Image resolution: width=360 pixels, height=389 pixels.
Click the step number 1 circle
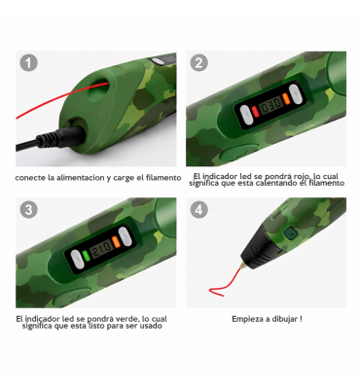pos(29,63)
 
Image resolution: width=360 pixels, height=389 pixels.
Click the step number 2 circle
pos(198,63)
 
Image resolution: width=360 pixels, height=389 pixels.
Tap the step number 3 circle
pos(29,209)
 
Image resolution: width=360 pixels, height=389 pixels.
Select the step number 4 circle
pos(198,209)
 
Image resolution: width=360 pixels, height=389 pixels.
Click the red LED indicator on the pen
pos(255,112)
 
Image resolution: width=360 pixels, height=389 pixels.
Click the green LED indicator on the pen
pos(86,256)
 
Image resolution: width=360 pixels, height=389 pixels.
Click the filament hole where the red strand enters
pos(100,85)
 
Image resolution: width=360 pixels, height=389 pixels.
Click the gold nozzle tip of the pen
pos(242,266)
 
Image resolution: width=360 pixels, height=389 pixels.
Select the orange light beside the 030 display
pos(285,98)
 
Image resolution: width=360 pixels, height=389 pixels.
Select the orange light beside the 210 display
pos(116,242)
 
